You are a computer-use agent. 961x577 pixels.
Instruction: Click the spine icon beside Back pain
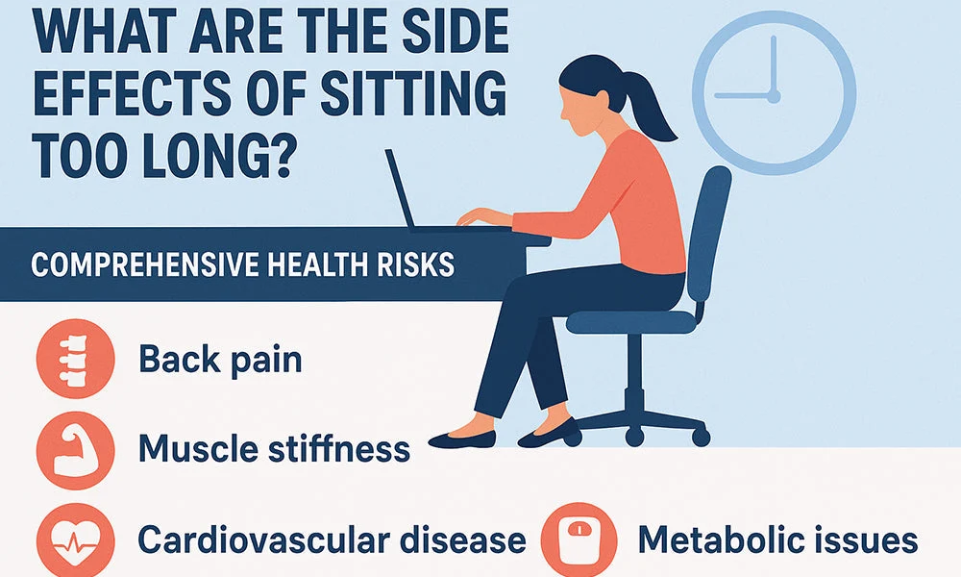pos(75,359)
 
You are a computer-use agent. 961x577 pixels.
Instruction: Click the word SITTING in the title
pos(413,94)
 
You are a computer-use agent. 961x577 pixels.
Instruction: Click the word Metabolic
pos(721,539)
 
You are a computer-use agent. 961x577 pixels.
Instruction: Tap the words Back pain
pos(221,359)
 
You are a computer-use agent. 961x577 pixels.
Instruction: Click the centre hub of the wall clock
pos(774,96)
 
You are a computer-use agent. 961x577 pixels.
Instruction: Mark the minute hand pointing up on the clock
pos(774,63)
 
